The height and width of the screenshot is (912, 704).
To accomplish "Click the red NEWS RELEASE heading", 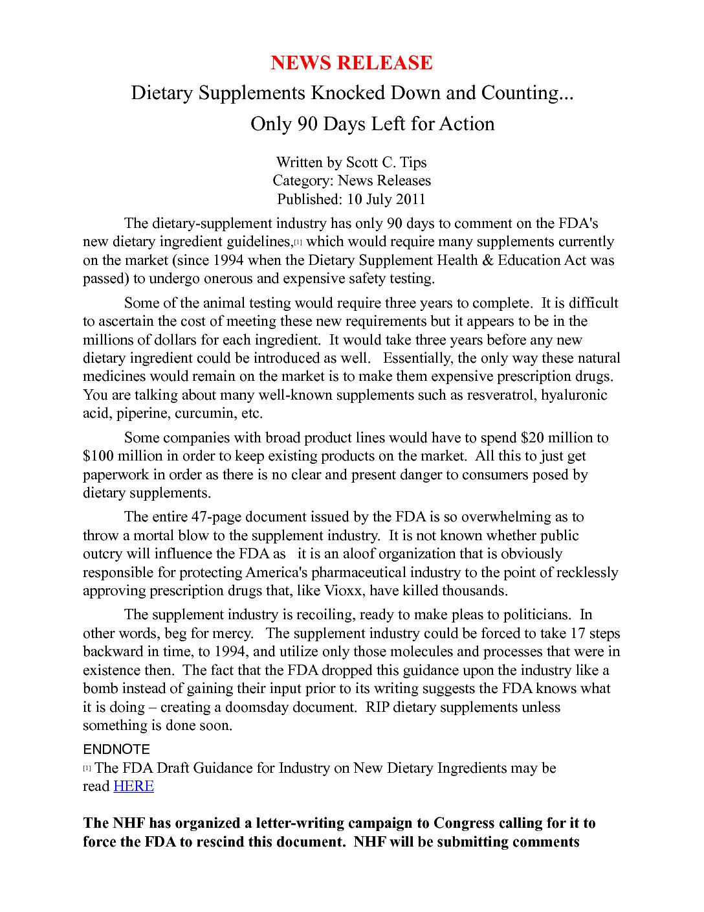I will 351,63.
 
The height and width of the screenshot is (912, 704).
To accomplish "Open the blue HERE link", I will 133,786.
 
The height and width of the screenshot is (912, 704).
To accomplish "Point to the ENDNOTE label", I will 116,749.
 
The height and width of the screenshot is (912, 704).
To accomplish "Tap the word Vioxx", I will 344,591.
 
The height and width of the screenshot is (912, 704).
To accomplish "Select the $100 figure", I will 98,456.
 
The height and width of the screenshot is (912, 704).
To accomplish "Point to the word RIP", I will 377,707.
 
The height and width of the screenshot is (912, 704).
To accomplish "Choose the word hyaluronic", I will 574,395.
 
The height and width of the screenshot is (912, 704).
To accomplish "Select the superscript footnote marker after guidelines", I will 298,242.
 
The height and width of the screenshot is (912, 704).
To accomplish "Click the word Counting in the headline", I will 527,93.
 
